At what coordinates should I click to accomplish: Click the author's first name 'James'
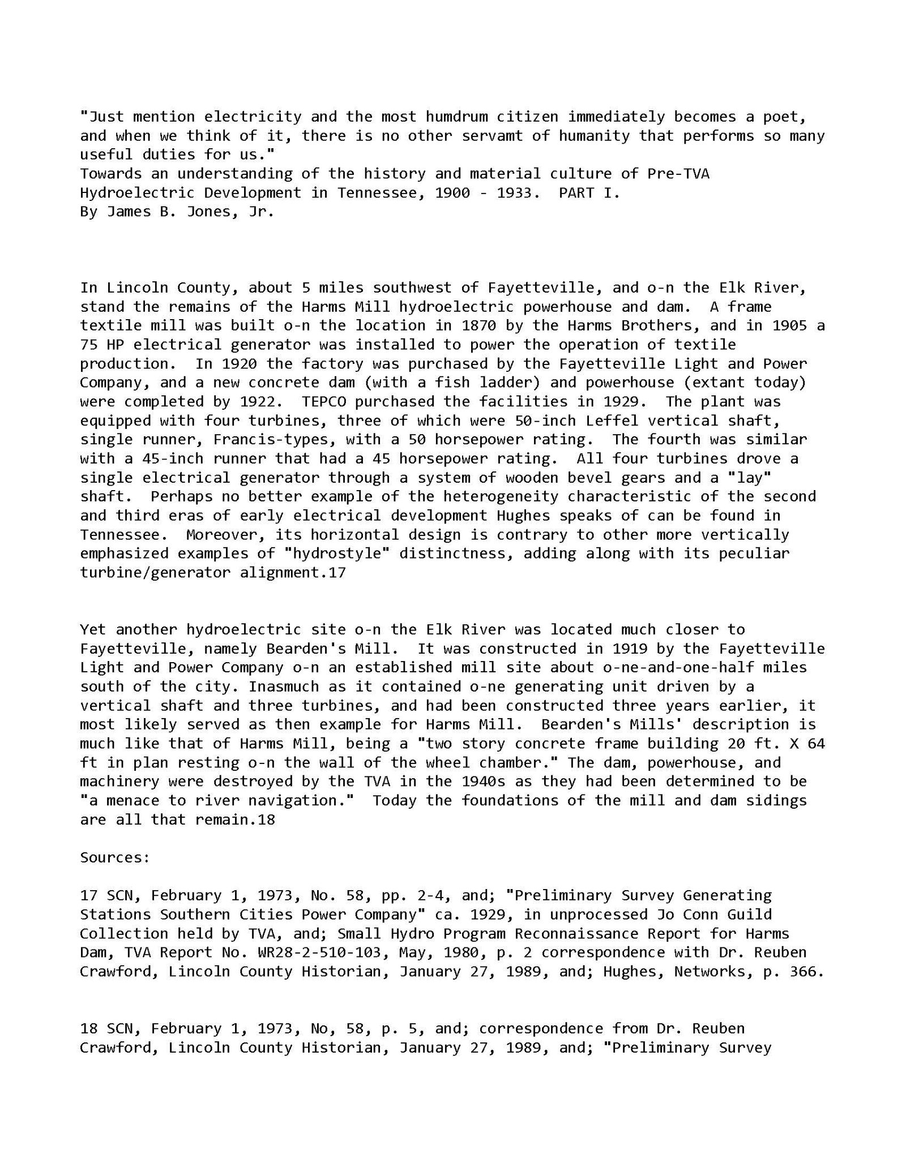tap(129, 212)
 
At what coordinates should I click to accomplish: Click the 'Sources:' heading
tap(115, 858)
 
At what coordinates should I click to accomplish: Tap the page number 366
tap(804, 972)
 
